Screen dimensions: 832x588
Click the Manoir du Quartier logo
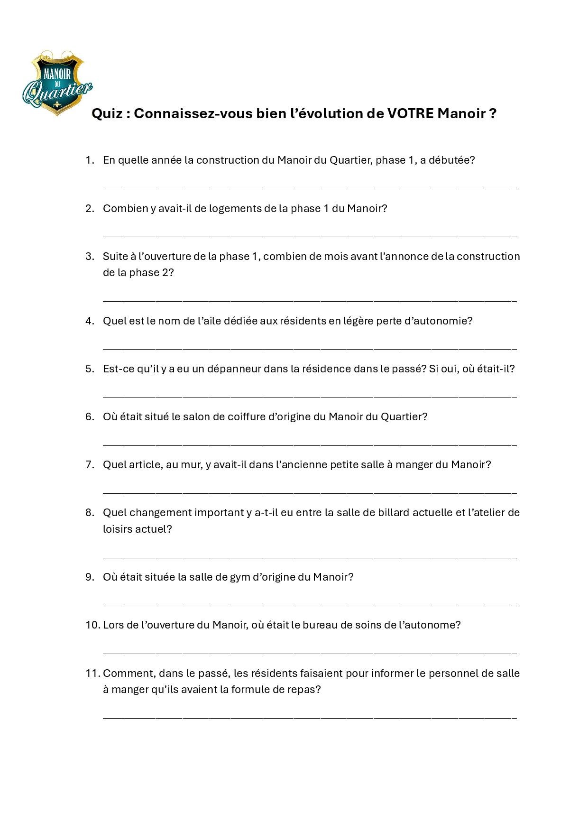(x=57, y=83)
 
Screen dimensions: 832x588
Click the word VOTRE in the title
(x=410, y=114)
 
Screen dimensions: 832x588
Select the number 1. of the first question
(x=90, y=160)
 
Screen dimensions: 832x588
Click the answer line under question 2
(x=310, y=235)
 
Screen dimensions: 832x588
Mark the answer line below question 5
(x=310, y=396)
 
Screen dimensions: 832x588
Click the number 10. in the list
(x=93, y=625)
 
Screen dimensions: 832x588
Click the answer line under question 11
(x=310, y=717)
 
